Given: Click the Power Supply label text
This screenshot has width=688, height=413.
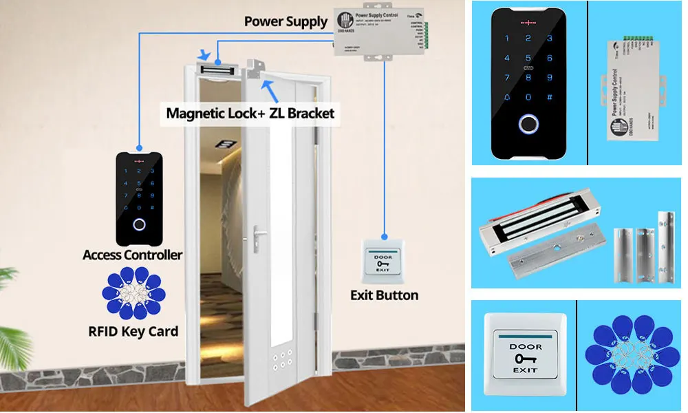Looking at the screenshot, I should click(286, 21).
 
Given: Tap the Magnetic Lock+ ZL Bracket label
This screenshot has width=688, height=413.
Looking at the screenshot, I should click(250, 112).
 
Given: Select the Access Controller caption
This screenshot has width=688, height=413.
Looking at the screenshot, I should click(133, 255).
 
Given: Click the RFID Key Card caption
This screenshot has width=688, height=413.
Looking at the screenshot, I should click(133, 331).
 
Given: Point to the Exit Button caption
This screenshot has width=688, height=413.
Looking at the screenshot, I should click(384, 295).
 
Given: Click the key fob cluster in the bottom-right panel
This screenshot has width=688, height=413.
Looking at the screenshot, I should click(632, 354).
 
